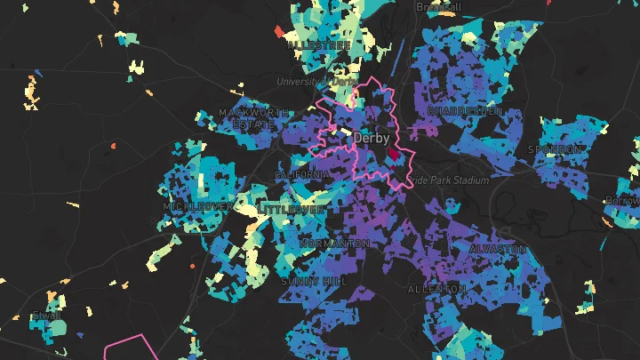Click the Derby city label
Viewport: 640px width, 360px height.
point(372,140)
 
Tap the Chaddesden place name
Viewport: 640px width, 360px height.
point(465,111)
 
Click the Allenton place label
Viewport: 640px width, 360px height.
point(436,290)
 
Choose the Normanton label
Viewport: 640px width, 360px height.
point(335,244)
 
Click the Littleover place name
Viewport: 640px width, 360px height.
point(292,209)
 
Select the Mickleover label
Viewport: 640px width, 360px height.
point(197,206)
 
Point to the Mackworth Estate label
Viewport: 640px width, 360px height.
point(253,119)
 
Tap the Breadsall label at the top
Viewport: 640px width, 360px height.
point(439,7)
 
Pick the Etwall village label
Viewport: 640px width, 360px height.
point(46,316)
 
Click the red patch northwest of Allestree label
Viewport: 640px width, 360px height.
point(277,32)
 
